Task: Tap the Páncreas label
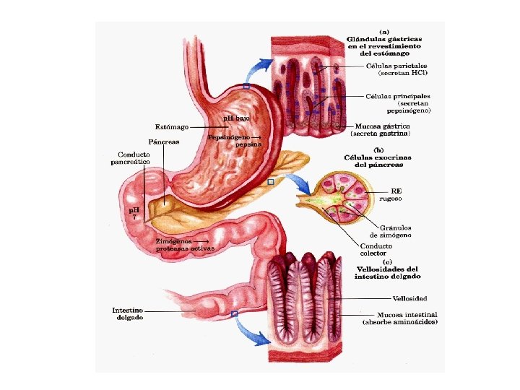click(164, 142)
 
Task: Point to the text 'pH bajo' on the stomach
click(236, 118)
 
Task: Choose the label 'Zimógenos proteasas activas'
click(181, 245)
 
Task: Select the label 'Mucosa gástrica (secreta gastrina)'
click(381, 130)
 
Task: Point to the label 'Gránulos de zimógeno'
click(391, 232)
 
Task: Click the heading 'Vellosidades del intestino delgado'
click(387, 272)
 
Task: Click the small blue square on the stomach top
click(246, 87)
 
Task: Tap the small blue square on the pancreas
click(271, 183)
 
